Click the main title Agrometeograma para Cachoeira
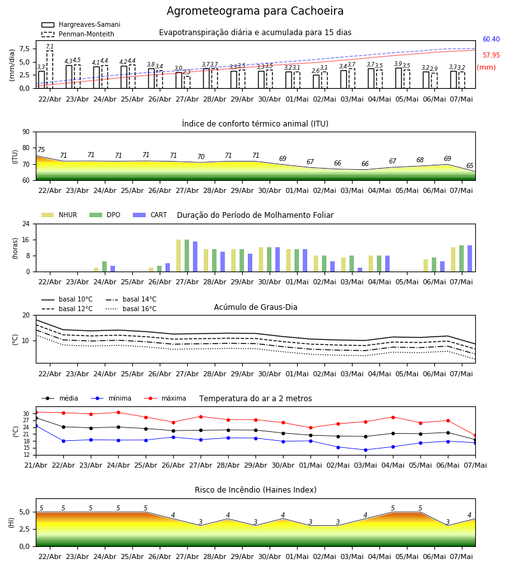point(255,11)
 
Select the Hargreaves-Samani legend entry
point(80,24)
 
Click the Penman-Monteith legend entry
point(78,34)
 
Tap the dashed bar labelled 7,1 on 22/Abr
point(49,69)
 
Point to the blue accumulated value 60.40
point(491,39)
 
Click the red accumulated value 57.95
point(491,56)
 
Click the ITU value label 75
point(41,149)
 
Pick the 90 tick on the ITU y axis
point(26,132)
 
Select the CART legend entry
point(149,215)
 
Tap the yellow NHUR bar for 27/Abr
point(178,256)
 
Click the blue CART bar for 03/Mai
point(360,270)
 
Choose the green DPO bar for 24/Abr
point(105,266)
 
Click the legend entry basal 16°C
point(131,309)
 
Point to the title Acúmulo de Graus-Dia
point(256,307)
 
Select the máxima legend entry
point(165,398)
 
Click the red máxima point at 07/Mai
point(475,436)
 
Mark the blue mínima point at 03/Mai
point(365,450)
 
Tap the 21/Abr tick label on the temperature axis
point(36,465)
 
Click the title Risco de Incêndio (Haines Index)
point(256,490)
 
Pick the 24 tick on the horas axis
point(26,224)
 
